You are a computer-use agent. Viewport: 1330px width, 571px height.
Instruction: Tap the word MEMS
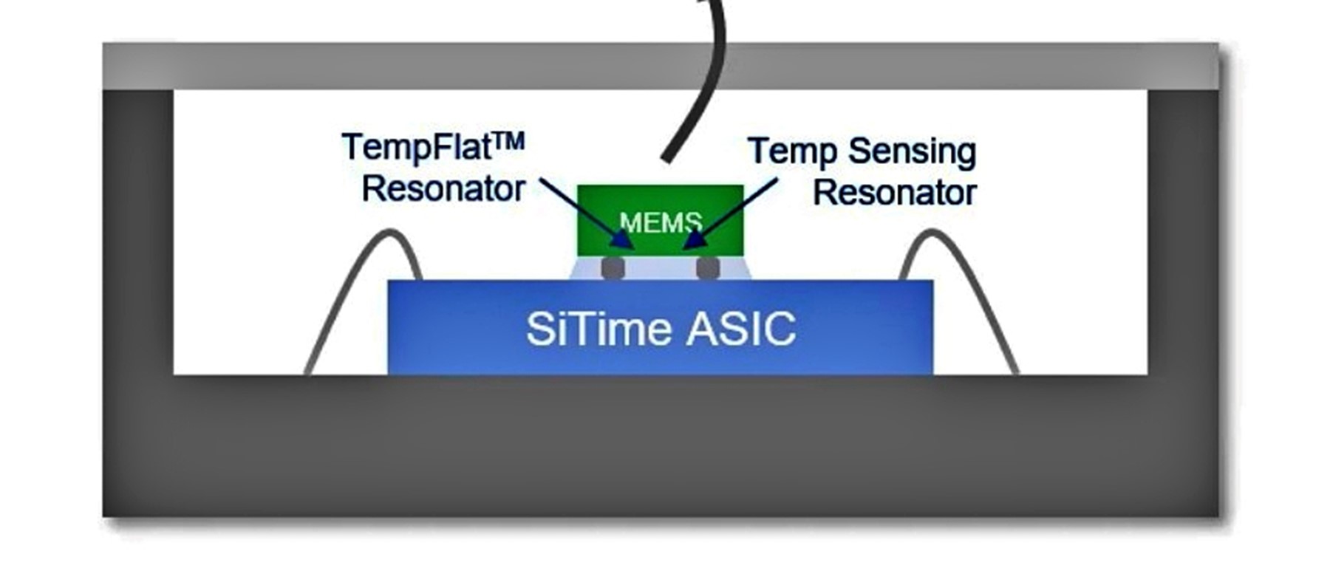(x=660, y=222)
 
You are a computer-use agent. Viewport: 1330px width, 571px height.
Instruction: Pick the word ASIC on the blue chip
(x=740, y=329)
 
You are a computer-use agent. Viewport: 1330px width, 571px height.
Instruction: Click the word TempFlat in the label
(x=417, y=147)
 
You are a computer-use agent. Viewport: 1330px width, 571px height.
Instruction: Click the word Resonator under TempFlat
(x=443, y=189)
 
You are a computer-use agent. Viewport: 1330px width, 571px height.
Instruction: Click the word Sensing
(x=912, y=153)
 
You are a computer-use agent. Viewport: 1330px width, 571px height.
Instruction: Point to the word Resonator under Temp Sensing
(x=895, y=193)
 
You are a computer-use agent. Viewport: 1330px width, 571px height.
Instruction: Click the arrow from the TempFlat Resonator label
(x=584, y=210)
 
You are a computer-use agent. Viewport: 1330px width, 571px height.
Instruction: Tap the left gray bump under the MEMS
(x=613, y=267)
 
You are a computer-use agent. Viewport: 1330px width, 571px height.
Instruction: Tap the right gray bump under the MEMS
(x=708, y=267)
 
